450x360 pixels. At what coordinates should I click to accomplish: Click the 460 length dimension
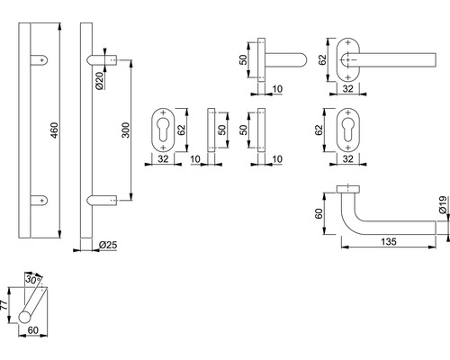[54, 130]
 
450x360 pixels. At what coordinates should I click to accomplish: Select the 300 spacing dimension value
[126, 130]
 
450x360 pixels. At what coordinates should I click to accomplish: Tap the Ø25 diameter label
[108, 245]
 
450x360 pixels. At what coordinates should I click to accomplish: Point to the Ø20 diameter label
[100, 80]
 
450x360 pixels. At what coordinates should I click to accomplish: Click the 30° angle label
[33, 279]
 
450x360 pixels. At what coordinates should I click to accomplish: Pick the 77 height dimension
[4, 305]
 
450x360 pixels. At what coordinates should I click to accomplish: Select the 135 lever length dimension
[389, 241]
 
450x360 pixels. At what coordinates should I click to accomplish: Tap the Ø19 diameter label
[443, 204]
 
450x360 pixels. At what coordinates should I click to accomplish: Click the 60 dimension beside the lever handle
[319, 213]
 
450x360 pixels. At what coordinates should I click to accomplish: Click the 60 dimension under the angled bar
[32, 330]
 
